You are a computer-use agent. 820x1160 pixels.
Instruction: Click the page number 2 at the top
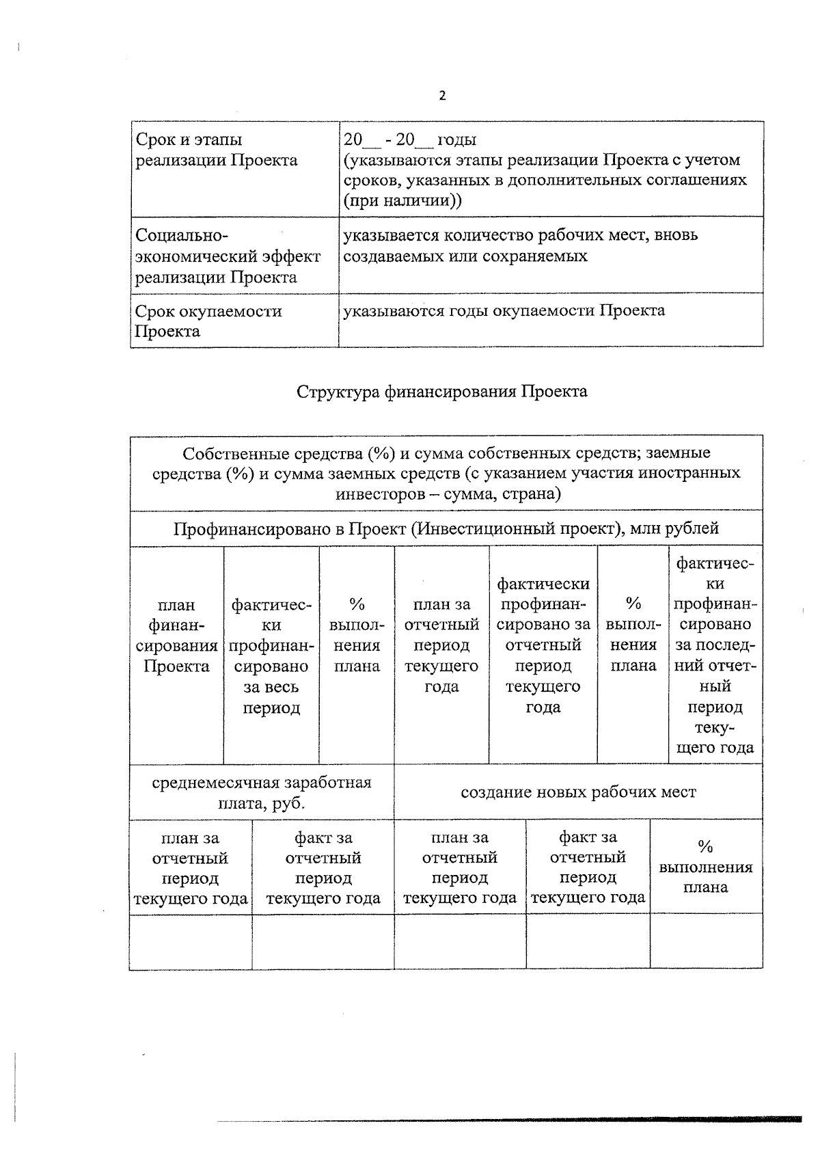point(442,96)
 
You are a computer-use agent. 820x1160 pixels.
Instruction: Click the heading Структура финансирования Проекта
point(442,392)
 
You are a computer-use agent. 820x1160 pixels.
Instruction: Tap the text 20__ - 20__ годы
point(410,140)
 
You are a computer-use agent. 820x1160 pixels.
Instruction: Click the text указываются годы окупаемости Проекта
point(504,310)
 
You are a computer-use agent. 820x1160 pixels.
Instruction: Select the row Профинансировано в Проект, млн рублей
point(446,528)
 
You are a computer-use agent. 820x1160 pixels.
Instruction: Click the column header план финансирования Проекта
point(176,636)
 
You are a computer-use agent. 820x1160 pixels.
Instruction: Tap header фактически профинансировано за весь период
point(271,656)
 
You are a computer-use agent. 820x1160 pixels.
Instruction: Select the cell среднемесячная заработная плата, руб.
point(262,792)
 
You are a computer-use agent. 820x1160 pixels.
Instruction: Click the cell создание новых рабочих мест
point(578,792)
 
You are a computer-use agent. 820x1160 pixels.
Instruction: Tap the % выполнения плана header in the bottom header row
point(706,867)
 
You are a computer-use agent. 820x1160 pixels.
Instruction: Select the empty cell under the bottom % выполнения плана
point(706,941)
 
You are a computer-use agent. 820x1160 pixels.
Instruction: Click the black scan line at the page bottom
point(509,1120)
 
